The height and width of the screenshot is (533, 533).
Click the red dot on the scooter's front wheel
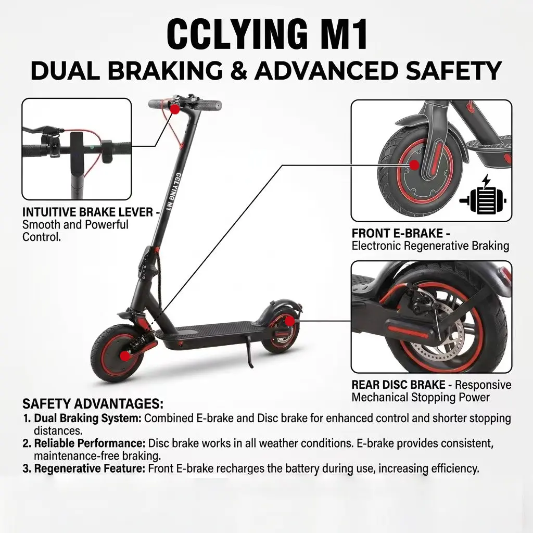coord(125,356)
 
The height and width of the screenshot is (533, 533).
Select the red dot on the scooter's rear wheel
coord(289,323)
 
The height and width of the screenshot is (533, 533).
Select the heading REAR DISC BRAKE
coord(399,385)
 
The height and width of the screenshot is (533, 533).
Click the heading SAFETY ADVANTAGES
coord(93,404)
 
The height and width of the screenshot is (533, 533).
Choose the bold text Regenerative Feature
coord(90,468)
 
